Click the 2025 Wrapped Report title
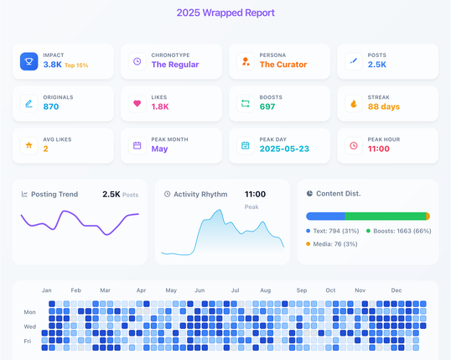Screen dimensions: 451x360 pyautogui.click(x=225, y=13)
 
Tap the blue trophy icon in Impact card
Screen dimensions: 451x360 pyautogui.click(x=29, y=61)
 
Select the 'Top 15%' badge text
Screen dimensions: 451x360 pyautogui.click(x=76, y=65)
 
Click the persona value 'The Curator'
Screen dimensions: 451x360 pyautogui.click(x=283, y=65)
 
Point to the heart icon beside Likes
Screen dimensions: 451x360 pyautogui.click(x=137, y=103)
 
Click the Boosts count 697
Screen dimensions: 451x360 pyautogui.click(x=267, y=107)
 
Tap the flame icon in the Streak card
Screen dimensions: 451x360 pyautogui.click(x=354, y=103)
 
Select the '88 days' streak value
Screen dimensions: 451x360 pyautogui.click(x=384, y=107)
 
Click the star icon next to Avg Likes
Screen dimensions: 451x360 pyautogui.click(x=29, y=145)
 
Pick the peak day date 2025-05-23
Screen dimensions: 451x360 pyautogui.click(x=284, y=149)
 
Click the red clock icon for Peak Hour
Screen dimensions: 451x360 pyautogui.click(x=354, y=145)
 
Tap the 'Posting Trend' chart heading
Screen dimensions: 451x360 pyautogui.click(x=54, y=195)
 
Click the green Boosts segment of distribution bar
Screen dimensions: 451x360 pyautogui.click(x=386, y=216)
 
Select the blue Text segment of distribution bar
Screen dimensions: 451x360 pyautogui.click(x=325, y=216)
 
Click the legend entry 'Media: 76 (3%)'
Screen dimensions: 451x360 pyautogui.click(x=332, y=244)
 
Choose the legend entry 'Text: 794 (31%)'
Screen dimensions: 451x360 pyautogui.click(x=333, y=231)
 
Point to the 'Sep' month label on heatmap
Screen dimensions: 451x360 pyautogui.click(x=302, y=290)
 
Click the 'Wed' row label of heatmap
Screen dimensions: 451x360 pyautogui.click(x=30, y=326)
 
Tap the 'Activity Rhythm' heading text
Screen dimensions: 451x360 pyautogui.click(x=200, y=195)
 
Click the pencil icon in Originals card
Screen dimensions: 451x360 pyautogui.click(x=29, y=103)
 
